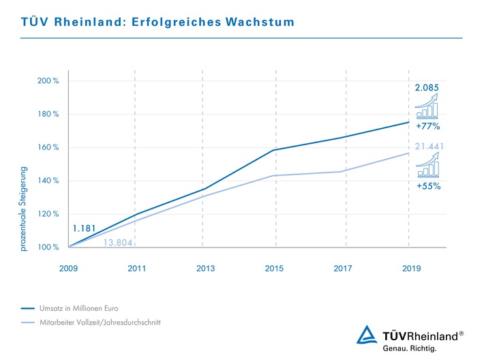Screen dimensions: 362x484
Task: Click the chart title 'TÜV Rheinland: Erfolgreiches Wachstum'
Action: [x=157, y=22]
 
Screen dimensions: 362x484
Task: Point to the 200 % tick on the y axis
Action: [x=48, y=81]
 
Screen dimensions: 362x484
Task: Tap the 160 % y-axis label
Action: [x=48, y=147]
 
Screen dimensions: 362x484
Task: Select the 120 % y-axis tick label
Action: [x=48, y=214]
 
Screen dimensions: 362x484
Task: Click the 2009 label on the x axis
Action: [x=69, y=269]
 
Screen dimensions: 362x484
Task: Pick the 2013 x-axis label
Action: [x=205, y=269]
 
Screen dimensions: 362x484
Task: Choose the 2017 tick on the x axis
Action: [x=343, y=269]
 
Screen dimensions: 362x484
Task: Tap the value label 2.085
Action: [x=427, y=88]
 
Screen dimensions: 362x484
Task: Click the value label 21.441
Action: [x=427, y=147]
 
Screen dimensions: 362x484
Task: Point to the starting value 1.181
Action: [x=85, y=229]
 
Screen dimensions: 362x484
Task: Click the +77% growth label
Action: [x=427, y=126]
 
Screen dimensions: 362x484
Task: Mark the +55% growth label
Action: [x=427, y=185]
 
